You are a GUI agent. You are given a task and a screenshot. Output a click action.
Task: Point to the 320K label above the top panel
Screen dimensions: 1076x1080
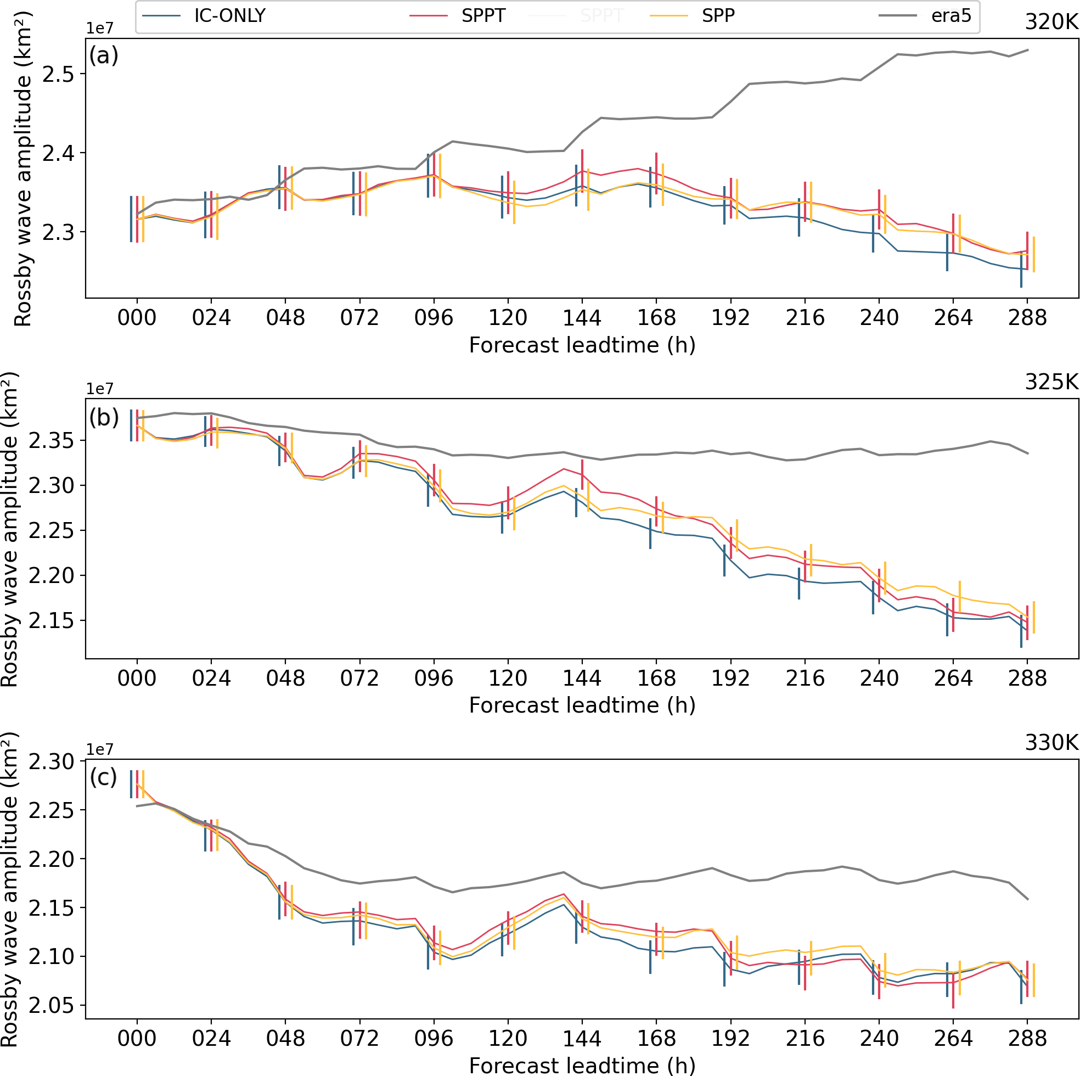tap(1051, 22)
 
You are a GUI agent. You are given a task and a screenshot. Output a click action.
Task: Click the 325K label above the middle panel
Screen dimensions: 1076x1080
tap(1051, 382)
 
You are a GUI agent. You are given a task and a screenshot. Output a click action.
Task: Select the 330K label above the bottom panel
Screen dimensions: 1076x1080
tap(1051, 743)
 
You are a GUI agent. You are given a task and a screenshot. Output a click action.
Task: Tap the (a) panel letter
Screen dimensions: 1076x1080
tap(104, 56)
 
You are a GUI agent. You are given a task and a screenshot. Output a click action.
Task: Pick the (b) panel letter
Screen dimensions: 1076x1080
tap(104, 417)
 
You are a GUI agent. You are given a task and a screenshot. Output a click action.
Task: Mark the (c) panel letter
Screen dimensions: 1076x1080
tap(104, 777)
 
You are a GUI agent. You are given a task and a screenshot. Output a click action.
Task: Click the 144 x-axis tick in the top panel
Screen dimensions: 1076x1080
tap(582, 318)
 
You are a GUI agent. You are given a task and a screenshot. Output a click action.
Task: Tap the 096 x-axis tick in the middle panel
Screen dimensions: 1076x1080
tap(434, 679)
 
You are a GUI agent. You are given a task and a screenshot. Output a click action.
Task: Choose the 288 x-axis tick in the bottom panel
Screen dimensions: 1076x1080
tap(1027, 1039)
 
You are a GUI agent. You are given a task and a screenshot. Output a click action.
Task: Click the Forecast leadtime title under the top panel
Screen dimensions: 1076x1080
tap(582, 345)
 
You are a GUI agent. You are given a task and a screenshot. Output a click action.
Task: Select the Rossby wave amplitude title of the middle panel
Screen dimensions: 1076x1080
tap(10, 529)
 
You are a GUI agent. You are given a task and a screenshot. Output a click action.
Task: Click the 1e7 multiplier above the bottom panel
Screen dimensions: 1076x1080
tap(99, 749)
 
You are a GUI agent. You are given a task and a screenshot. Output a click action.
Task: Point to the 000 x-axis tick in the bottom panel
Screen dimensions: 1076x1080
tap(137, 1039)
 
